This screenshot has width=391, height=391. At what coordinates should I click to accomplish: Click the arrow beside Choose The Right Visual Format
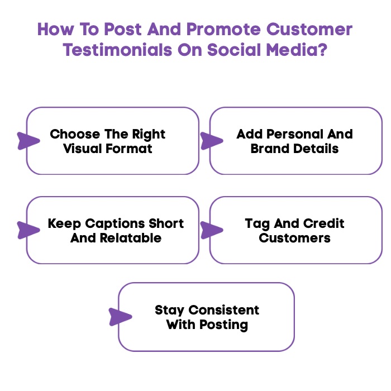pos(27,141)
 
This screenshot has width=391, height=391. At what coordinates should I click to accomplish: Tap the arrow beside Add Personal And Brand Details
pos(211,141)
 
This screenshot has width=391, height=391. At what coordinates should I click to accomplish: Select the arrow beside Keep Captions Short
pos(27,230)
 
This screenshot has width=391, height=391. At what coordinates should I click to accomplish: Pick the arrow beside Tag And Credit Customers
pos(211,230)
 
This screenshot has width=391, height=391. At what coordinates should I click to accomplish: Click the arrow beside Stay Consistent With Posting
pos(120,317)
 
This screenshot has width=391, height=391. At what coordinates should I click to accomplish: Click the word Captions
pos(114,224)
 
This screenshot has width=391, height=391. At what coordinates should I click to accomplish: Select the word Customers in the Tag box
pos(295,239)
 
